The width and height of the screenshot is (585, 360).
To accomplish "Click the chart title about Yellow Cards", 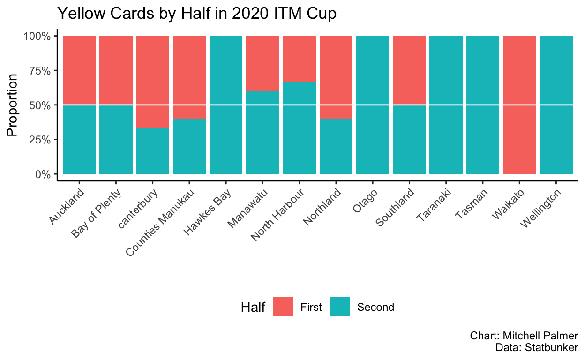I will pyautogui.click(x=196, y=14).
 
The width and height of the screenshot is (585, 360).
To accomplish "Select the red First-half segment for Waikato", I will pyautogui.click(x=519, y=105).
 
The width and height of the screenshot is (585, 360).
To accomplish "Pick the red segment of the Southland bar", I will pyautogui.click(x=409, y=70).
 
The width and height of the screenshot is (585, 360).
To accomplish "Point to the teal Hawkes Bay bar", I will pyautogui.click(x=226, y=105).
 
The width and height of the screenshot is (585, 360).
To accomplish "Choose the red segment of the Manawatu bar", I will pyautogui.click(x=262, y=63).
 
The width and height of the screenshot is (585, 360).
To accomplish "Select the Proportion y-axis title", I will pyautogui.click(x=13, y=105).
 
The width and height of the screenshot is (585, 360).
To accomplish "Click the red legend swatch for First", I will pyautogui.click(x=283, y=307).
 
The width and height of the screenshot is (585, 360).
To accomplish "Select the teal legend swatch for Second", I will pyautogui.click(x=339, y=307).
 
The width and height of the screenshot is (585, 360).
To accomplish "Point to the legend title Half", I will pyautogui.click(x=253, y=307).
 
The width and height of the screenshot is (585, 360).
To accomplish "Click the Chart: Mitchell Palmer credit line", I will pyautogui.click(x=524, y=336).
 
